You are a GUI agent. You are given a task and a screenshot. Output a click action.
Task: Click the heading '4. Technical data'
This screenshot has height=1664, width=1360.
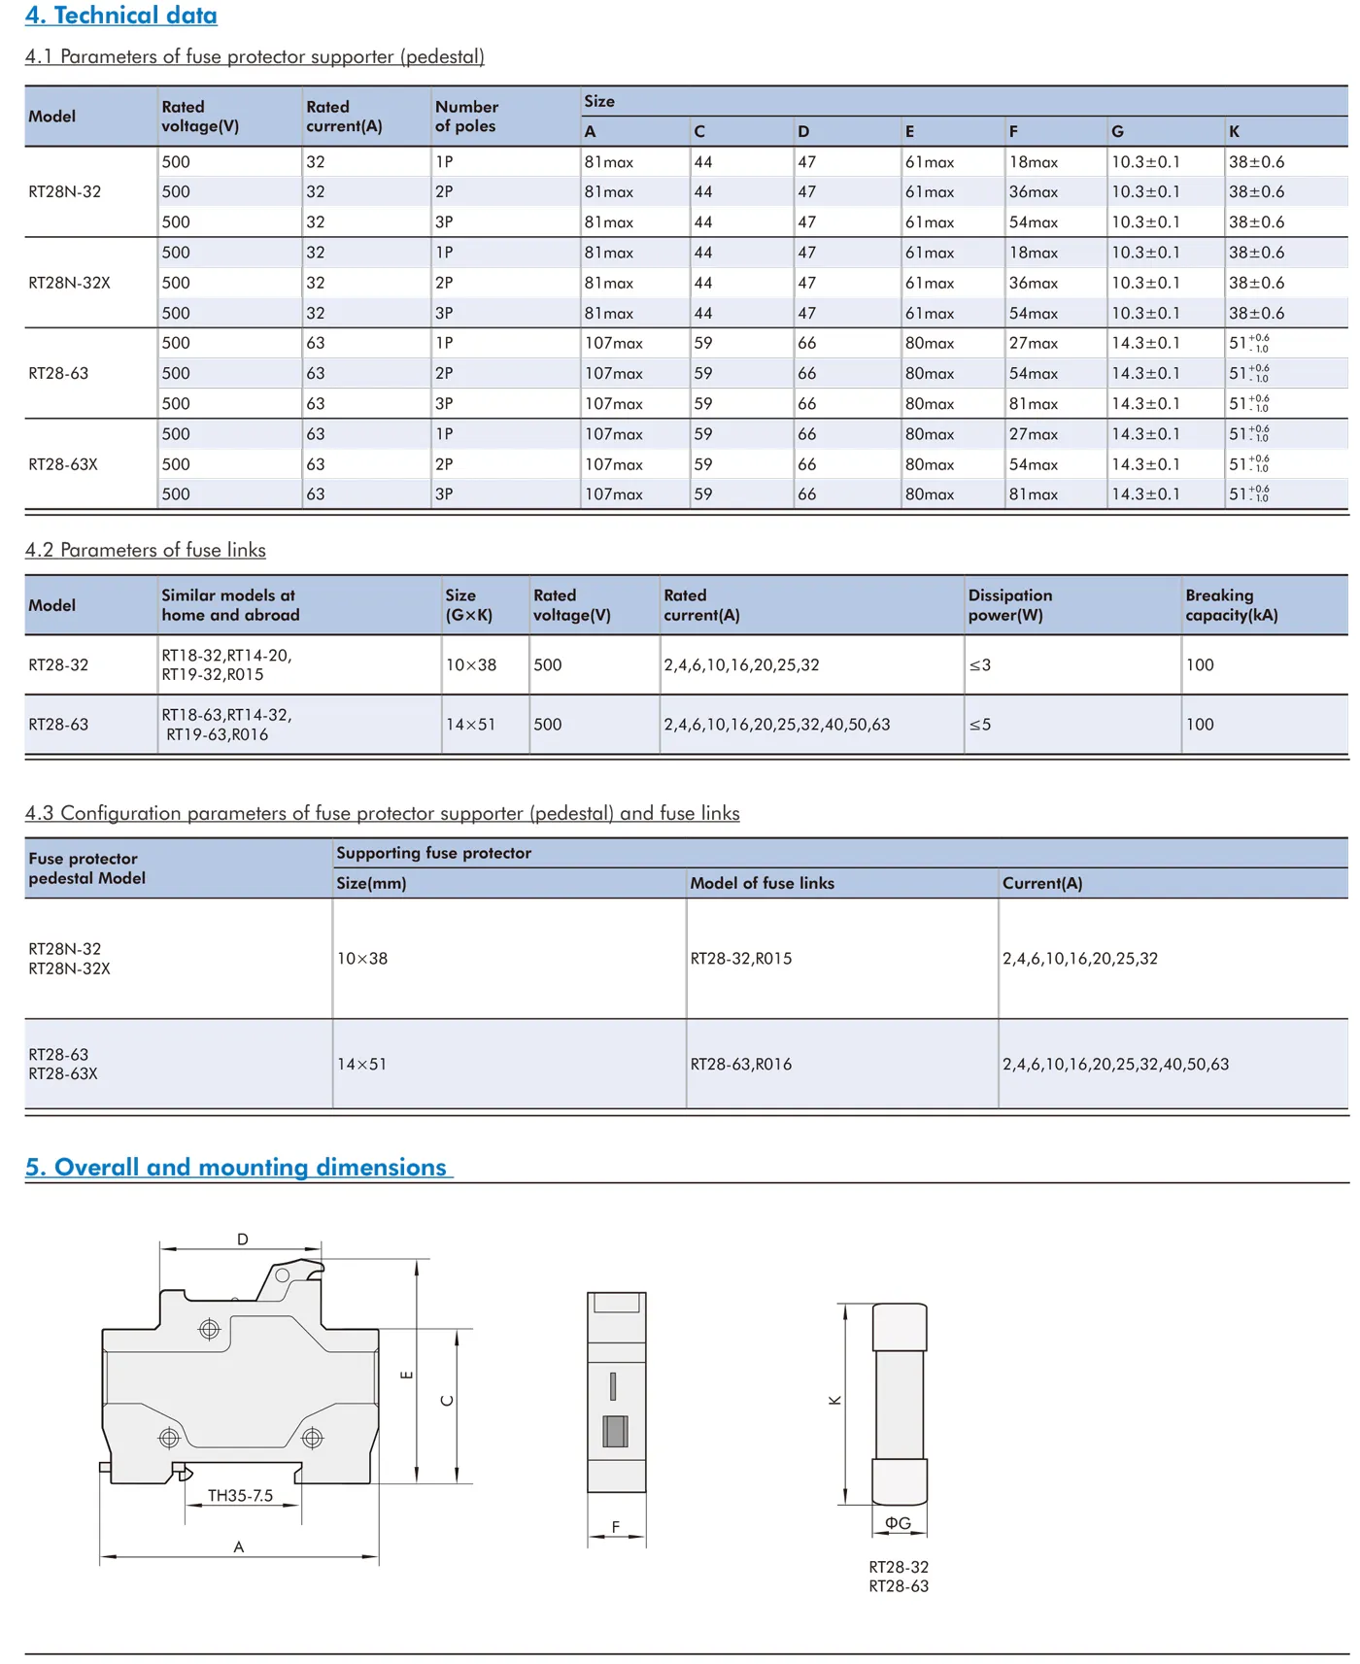coord(121,16)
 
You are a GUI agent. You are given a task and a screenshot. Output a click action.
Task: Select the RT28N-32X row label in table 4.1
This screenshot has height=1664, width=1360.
coord(69,283)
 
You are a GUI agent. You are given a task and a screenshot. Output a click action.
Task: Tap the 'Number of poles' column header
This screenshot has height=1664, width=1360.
coord(466,117)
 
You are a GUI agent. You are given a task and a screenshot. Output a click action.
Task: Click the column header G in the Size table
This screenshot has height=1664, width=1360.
coord(1117,131)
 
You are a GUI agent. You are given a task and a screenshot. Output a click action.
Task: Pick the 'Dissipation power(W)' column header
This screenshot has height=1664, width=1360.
coord(1009,605)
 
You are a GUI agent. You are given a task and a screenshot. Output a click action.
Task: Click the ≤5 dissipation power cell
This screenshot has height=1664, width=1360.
coord(979,725)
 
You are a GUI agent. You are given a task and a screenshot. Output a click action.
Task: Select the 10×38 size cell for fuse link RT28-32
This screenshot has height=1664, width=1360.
coord(471,665)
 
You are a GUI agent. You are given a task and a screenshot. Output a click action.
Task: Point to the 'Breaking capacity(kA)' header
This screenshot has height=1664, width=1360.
coord(1231,605)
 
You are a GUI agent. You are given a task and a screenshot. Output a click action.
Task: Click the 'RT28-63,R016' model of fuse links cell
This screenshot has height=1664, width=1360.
coord(740,1065)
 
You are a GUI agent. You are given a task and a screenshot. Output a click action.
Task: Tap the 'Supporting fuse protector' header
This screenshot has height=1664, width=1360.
coord(433,853)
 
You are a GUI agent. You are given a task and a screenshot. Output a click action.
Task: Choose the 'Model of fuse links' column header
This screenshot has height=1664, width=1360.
coord(762,883)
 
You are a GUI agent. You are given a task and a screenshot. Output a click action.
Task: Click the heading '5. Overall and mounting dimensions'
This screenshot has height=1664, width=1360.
coord(238,1167)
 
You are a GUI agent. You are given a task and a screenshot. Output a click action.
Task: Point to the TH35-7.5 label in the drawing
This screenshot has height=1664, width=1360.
coord(240,1496)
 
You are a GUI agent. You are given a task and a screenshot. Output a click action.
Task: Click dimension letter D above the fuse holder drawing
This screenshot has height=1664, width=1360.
coord(242,1240)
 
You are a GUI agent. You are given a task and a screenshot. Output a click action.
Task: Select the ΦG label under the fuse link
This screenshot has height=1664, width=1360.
coord(898,1523)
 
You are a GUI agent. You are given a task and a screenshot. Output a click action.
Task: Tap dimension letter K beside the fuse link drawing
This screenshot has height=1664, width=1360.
coord(834,1400)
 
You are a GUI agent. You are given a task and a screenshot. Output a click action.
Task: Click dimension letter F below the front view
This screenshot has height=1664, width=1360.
coord(616,1527)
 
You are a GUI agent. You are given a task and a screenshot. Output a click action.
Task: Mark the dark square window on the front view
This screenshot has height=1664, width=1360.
coord(615,1431)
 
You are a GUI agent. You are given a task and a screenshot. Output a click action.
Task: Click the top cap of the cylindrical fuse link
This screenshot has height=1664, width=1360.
coord(900,1327)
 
